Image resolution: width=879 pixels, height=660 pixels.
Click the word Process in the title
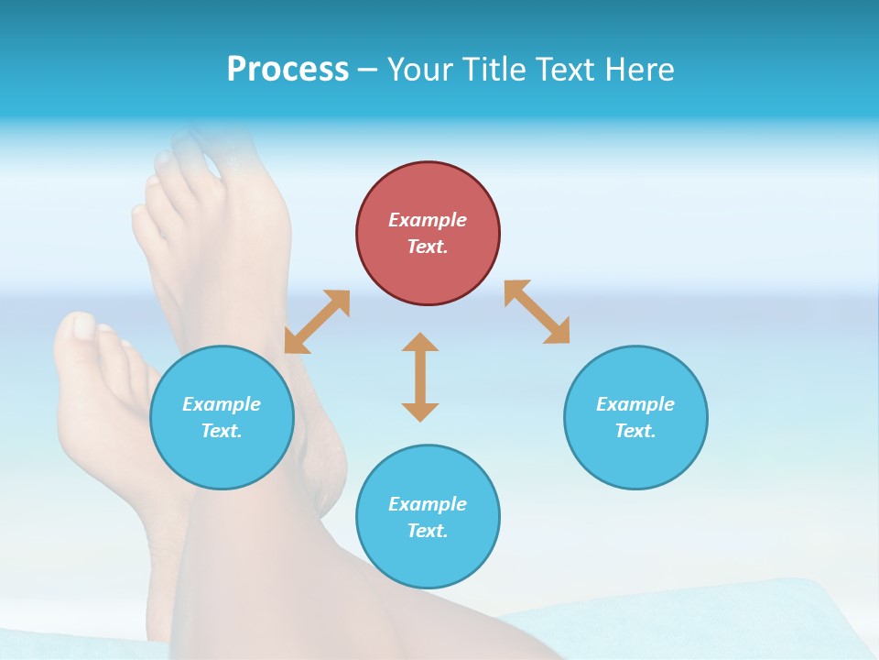[x=288, y=70]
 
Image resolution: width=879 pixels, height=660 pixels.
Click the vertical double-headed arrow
[x=420, y=377]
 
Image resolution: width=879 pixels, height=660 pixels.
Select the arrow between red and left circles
[x=317, y=322]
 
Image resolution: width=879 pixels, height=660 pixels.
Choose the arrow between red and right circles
[x=537, y=312]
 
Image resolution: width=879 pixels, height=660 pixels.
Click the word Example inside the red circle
[x=428, y=220]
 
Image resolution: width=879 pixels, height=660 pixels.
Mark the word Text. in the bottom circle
[x=428, y=531]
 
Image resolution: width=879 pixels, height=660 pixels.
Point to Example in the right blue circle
[x=635, y=404]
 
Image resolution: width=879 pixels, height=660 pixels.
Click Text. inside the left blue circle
[x=222, y=431]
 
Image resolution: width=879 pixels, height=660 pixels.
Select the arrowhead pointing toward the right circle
[x=558, y=332]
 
